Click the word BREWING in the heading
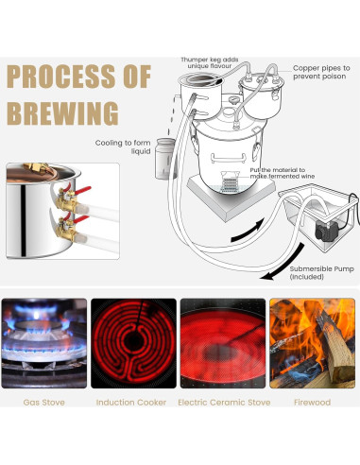pyautogui.click(x=62, y=113)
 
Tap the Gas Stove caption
pyautogui.click(x=44, y=403)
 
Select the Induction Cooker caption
pyautogui.click(x=131, y=403)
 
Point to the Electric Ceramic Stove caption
pyautogui.click(x=224, y=403)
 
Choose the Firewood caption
pyautogui.click(x=312, y=403)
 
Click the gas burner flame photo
pyautogui.click(x=44, y=343)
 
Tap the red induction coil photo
pyautogui.click(x=133, y=343)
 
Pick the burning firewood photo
pyautogui.click(x=312, y=343)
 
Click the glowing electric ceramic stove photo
pyautogui.click(x=223, y=343)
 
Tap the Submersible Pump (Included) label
pyautogui.click(x=322, y=273)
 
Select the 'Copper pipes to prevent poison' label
pyautogui.click(x=321, y=72)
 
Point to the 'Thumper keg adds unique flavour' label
pyautogui.click(x=210, y=62)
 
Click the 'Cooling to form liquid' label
pyautogui.click(x=123, y=146)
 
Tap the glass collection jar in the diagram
pyautogui.click(x=164, y=159)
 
